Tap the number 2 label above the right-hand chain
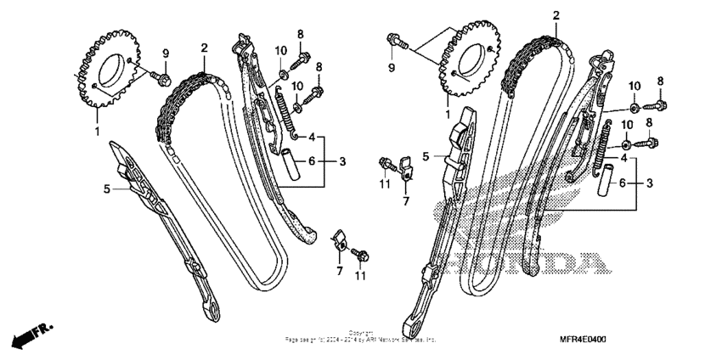coord(556,16)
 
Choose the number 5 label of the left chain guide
coord(107,188)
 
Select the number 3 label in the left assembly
coord(342,160)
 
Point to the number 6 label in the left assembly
coord(312,160)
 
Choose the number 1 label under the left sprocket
coord(97,131)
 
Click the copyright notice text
coord(361,336)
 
